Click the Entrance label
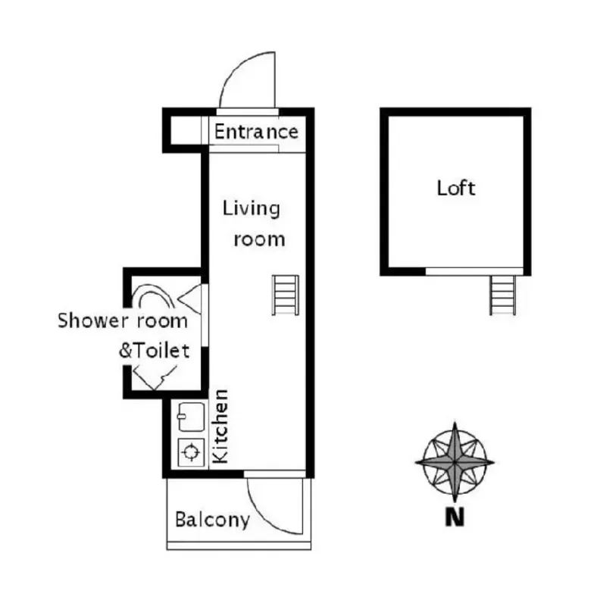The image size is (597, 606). click(x=256, y=132)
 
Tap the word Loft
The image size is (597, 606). click(x=456, y=188)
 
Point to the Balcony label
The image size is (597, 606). click(x=212, y=520)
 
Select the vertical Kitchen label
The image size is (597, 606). click(x=220, y=426)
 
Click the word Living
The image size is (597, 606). click(x=252, y=209)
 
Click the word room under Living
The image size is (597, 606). click(x=259, y=239)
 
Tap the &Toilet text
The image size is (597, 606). click(x=154, y=351)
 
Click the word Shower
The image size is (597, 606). click(x=92, y=320)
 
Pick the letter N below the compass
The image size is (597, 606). click(x=455, y=517)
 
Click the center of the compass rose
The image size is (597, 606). click(x=455, y=462)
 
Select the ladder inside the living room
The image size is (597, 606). click(x=286, y=295)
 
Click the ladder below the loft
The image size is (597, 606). click(x=502, y=295)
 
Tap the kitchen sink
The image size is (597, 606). click(x=191, y=417)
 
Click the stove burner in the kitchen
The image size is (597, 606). click(x=191, y=451)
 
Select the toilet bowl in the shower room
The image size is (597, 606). click(x=152, y=297)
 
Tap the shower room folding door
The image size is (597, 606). click(x=190, y=299)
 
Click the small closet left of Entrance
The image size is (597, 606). click(x=186, y=130)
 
